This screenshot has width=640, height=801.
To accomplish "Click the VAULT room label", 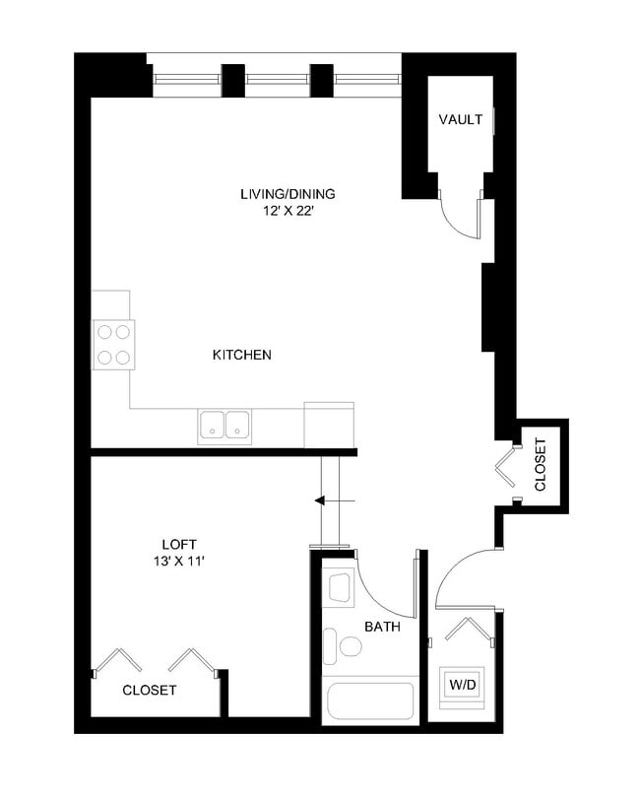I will (x=461, y=120).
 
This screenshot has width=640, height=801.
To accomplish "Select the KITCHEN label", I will (x=242, y=355).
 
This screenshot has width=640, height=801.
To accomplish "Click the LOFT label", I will (x=179, y=544).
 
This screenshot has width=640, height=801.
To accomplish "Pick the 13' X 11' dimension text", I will (x=179, y=561).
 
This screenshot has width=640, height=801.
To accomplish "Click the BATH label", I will (x=380, y=627).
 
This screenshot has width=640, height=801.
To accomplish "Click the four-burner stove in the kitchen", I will (x=114, y=345).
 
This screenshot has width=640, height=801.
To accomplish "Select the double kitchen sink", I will (x=224, y=425).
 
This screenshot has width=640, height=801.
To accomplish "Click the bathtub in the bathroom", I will (x=369, y=701).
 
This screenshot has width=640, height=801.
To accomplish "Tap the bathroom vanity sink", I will (x=340, y=587).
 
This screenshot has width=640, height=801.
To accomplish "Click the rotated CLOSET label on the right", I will (x=541, y=465).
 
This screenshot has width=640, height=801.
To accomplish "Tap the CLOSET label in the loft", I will (x=150, y=691).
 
